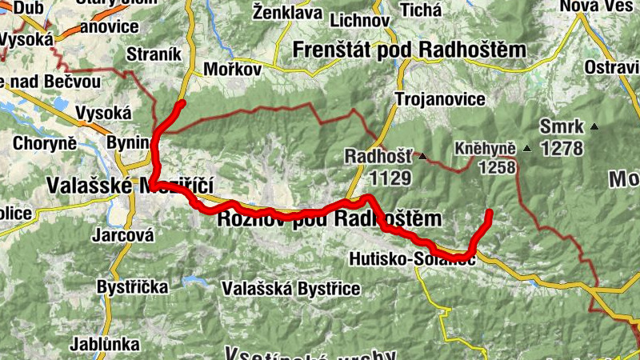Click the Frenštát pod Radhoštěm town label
point(410,50)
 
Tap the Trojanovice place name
point(440,100)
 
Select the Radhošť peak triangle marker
point(422,155)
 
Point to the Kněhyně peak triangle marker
point(526,149)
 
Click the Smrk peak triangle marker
point(594,126)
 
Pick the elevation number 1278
point(562,148)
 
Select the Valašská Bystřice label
point(292,288)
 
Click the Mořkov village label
point(233,70)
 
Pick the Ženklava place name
point(286,12)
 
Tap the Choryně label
point(45,145)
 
